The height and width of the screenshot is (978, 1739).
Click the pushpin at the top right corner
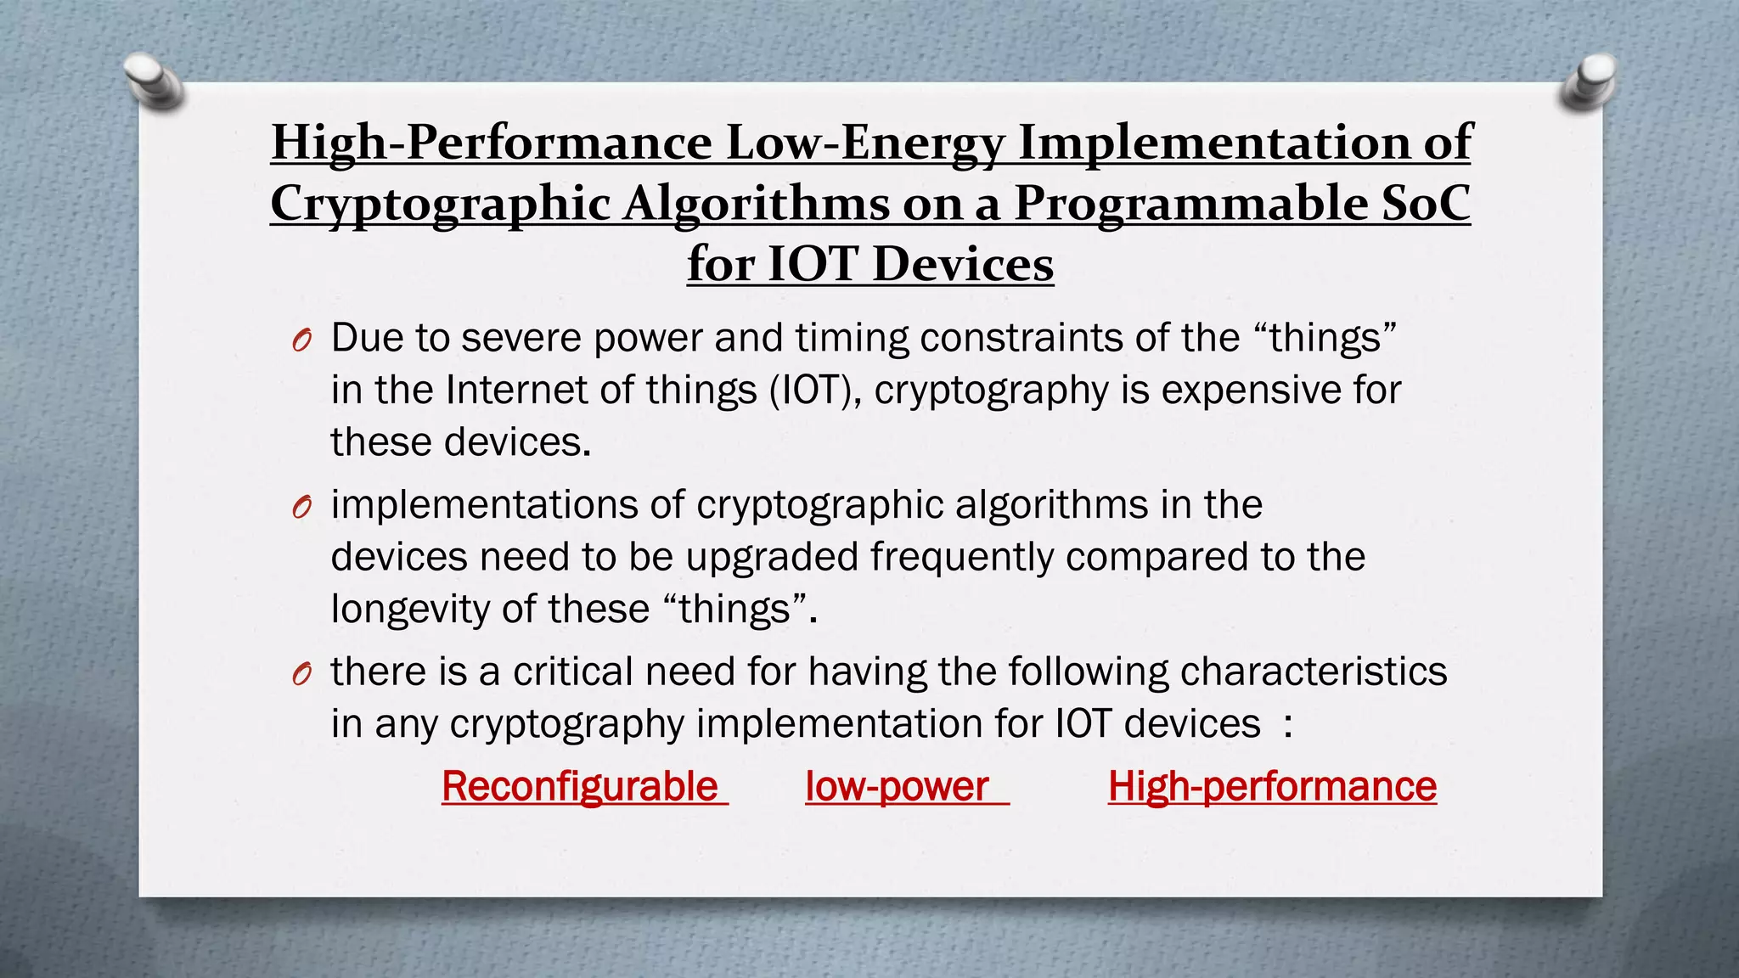coord(1588,81)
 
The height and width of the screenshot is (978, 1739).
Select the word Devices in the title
coord(963,264)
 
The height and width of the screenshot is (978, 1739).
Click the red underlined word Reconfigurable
coord(580,786)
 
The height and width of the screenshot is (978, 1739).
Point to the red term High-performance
coord(1272,786)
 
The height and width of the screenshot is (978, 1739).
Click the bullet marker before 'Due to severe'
coord(301,341)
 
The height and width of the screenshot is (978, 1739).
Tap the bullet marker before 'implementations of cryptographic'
coord(301,508)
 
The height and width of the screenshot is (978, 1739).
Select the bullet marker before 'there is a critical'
coord(301,674)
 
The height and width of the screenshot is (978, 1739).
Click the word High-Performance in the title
coord(492,142)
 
